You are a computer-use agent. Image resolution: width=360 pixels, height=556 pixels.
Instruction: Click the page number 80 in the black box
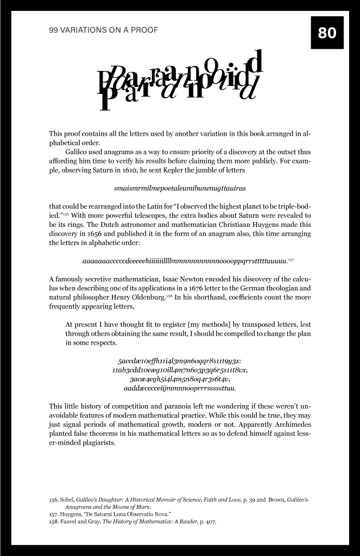(327, 33)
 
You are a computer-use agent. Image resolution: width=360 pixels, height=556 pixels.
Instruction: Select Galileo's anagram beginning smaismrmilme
(180, 188)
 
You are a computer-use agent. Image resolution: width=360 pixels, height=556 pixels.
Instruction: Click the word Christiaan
(235, 224)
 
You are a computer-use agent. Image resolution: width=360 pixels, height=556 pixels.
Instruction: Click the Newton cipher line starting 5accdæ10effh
(180, 361)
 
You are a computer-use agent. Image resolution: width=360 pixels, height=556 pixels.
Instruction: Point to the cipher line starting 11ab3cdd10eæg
(180, 370)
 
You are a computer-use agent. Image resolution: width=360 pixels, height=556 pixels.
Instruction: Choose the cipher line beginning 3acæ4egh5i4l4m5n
(180, 380)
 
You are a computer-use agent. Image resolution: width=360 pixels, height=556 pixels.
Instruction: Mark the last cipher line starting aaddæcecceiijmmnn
(180, 389)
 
